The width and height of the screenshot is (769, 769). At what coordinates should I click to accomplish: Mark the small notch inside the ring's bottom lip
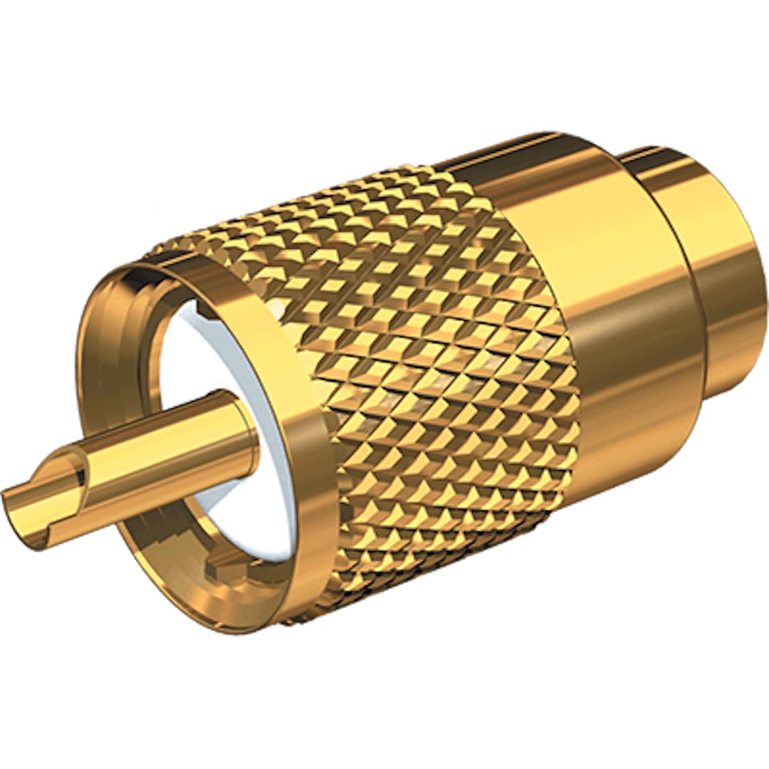tap(214, 570)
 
